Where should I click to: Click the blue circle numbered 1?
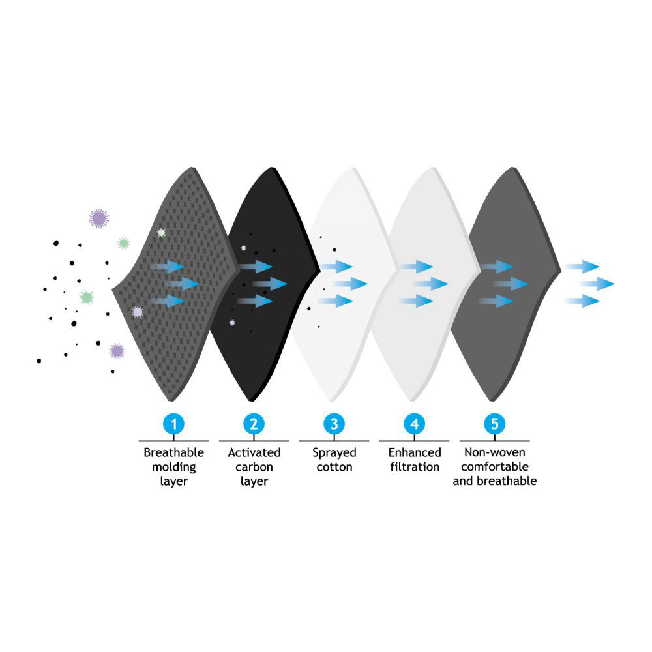pos(173,424)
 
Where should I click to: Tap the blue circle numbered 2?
pos(254,424)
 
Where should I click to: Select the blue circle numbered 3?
pos(334,424)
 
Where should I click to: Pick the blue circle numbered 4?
pos(414,424)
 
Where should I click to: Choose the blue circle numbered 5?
pos(494,424)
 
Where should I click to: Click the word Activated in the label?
pos(254,452)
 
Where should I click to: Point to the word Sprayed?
pos(334,452)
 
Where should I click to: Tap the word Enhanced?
pos(415,452)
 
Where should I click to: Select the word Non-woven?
pos(494,452)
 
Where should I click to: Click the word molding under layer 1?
pos(173,467)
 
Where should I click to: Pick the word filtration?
pos(415,467)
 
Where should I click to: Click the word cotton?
pos(334,467)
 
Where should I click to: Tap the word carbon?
pos(254,467)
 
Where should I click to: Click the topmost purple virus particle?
pos(99,218)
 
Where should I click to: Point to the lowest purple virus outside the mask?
pos(117,351)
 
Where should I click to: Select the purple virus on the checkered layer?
pos(138,312)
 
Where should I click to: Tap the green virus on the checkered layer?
pos(161,232)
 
